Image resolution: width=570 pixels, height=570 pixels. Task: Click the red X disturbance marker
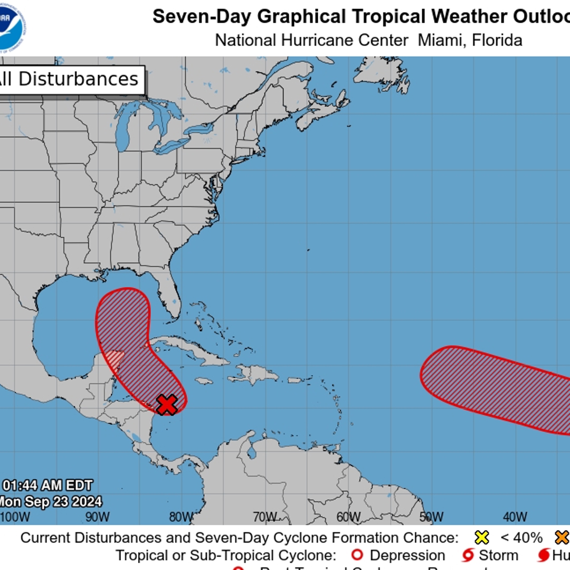tap(167, 405)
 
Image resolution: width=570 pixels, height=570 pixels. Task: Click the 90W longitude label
tap(98, 517)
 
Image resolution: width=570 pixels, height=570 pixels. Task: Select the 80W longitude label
tap(181, 517)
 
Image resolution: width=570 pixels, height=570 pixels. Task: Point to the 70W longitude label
tap(264, 517)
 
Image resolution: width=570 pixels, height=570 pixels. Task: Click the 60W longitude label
tap(348, 517)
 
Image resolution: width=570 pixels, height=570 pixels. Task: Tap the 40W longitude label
tap(515, 517)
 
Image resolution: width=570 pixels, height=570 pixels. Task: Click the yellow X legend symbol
tap(481, 538)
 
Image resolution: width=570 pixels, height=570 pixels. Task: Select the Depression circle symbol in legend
tap(358, 555)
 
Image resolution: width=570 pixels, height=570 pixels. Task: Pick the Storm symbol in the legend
tap(467, 555)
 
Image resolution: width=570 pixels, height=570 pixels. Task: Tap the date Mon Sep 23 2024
tap(51, 501)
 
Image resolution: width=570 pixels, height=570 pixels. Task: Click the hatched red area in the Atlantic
tap(496, 388)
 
